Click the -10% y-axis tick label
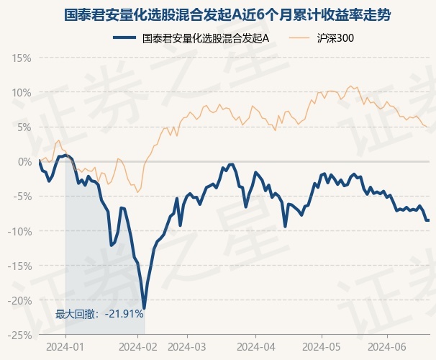point(20,230)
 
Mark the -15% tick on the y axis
point(20,265)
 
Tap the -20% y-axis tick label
point(20,300)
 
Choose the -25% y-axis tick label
point(20,334)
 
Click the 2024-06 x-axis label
point(387,347)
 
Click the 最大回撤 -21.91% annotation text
point(100,314)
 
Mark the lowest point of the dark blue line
point(145,307)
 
